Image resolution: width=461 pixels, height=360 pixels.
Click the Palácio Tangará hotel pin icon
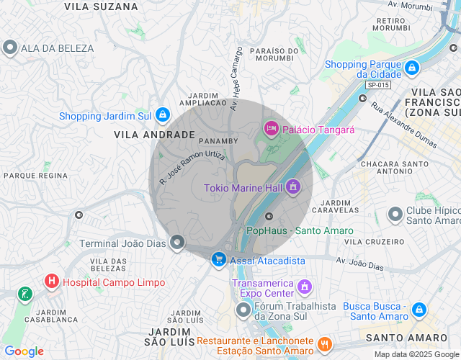[x=272, y=129]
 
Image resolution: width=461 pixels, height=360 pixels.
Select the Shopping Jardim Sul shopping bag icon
[x=164, y=115]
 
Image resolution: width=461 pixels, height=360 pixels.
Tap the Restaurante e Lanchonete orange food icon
[x=324, y=346]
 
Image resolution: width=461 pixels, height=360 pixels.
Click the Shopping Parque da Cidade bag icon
[x=412, y=68]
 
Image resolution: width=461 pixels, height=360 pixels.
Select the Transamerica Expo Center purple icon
[x=305, y=287]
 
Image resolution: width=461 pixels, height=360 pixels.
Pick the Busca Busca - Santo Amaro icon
[x=419, y=310]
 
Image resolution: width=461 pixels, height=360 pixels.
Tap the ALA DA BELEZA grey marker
[x=10, y=48]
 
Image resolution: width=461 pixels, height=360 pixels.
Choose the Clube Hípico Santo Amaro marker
[x=395, y=215]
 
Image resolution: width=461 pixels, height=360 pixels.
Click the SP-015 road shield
[x=377, y=85]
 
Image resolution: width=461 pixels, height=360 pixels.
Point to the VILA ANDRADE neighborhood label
[x=154, y=135]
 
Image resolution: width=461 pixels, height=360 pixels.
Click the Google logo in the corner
[x=24, y=351]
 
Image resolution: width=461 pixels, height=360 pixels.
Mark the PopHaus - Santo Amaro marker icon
[x=269, y=217]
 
